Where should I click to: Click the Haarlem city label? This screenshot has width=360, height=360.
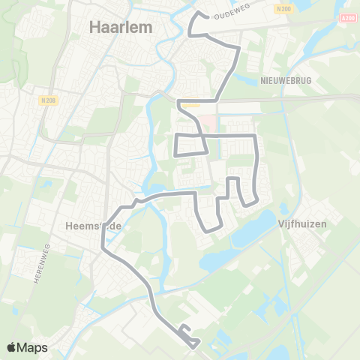pos(121,27)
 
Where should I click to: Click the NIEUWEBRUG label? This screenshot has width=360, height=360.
pos(280,79)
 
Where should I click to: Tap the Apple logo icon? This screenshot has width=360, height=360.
pos(12,347)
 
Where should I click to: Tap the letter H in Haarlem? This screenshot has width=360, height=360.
pos(94,27)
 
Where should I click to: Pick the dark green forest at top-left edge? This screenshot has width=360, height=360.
pos(6,45)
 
